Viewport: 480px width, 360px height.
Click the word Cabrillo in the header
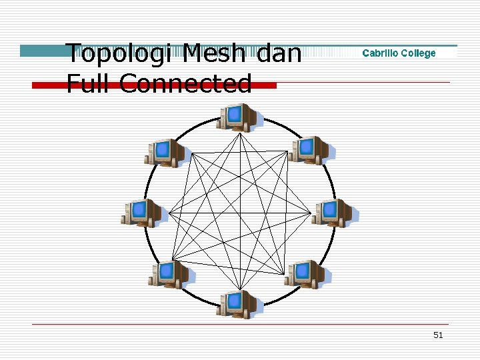381,53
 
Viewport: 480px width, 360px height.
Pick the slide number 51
438,335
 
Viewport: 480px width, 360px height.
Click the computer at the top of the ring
239,118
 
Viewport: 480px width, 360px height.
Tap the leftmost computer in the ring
141,213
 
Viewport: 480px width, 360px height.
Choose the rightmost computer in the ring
335,213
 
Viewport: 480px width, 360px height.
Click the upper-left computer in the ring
166,153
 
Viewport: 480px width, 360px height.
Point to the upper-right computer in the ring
312,150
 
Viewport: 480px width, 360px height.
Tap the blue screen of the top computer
235,115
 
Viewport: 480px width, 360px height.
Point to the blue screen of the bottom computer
235,301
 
